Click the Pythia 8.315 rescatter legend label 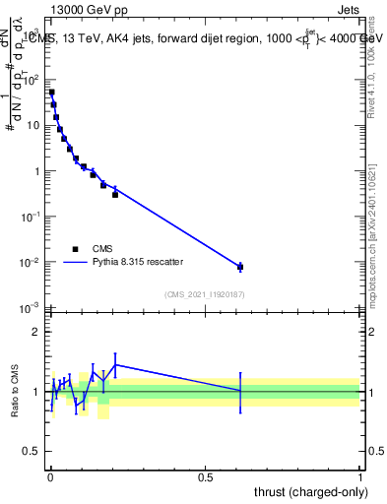click(137, 262)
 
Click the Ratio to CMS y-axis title click(14, 392)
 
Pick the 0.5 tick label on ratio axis click(33, 452)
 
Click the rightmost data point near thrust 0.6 click(239, 267)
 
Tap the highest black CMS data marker click(51, 93)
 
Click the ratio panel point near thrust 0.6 click(239, 391)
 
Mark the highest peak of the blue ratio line click(115, 364)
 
